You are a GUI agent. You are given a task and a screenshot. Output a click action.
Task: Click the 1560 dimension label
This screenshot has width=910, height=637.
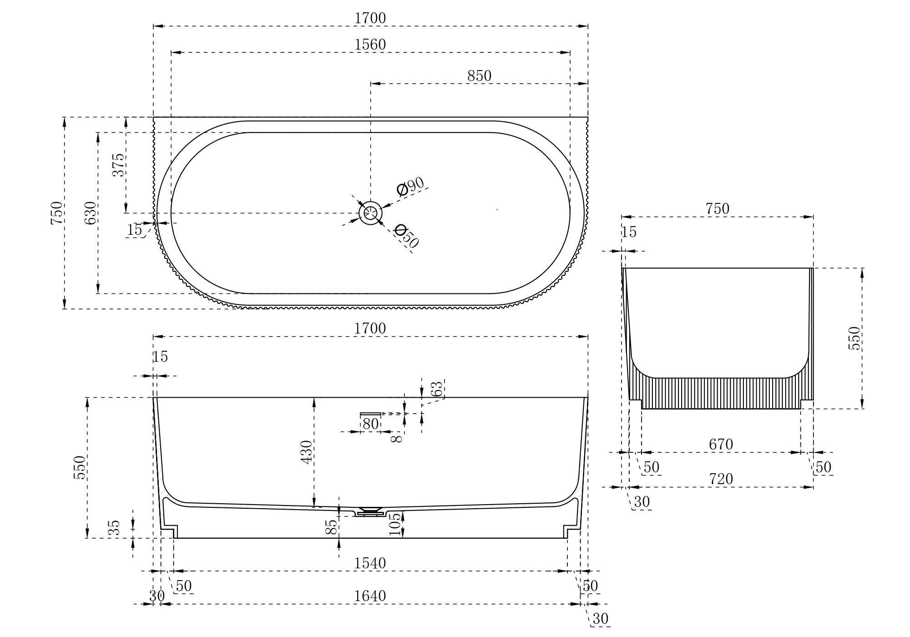click(370, 45)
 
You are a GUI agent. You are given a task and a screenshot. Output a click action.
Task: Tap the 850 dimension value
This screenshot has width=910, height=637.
click(479, 76)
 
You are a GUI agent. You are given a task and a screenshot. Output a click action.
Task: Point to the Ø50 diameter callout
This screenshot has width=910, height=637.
click(407, 236)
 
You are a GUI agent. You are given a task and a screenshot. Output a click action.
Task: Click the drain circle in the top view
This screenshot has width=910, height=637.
click(370, 213)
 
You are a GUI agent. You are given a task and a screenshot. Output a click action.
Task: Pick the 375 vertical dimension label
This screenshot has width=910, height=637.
click(118, 165)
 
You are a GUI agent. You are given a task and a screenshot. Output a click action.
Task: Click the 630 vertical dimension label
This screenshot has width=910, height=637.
click(91, 213)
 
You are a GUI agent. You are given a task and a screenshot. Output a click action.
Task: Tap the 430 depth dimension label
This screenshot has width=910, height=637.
click(307, 452)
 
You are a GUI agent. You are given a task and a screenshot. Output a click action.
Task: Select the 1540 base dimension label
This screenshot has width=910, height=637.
click(370, 563)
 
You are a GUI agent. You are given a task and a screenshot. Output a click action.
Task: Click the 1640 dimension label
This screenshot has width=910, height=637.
click(370, 596)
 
